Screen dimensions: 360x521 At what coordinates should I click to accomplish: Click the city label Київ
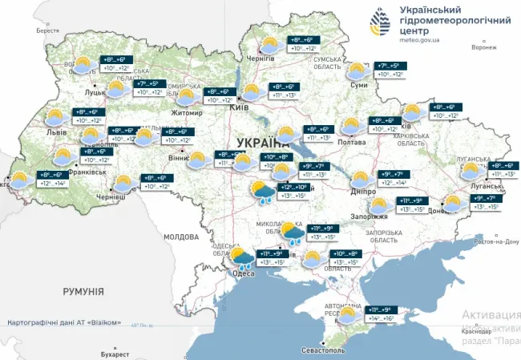tap(239, 107)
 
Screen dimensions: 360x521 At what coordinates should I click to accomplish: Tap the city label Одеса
tap(242, 273)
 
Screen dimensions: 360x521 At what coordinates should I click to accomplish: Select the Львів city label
tap(57, 131)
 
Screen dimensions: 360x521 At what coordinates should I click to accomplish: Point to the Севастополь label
tap(321, 350)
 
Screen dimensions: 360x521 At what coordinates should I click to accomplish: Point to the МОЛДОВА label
tap(180, 237)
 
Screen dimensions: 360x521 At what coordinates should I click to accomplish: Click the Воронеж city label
tap(484, 47)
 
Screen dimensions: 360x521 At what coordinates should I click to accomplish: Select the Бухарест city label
tap(115, 354)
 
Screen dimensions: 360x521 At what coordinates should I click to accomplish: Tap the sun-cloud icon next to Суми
tap(358, 71)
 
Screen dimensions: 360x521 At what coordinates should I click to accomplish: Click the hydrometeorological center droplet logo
tap(381, 22)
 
